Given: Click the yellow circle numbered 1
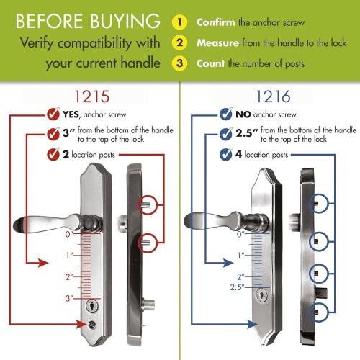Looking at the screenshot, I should pos(180,22).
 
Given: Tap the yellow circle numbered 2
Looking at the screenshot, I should pos(180,42).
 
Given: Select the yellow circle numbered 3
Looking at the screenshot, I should pos(180,63).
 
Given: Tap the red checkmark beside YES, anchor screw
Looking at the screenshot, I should pos(52,114).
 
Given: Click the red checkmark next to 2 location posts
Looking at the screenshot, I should pos(52,154).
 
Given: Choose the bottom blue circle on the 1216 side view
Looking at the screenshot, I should pos(322,310).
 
